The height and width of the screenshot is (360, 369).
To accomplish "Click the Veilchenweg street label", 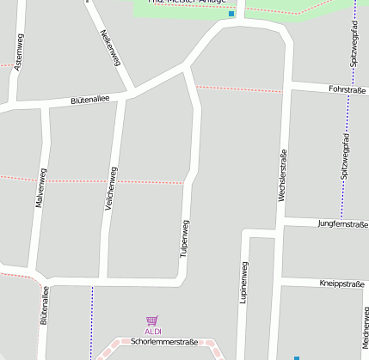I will (x=111, y=191).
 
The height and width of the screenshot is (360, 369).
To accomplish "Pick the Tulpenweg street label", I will (x=184, y=239).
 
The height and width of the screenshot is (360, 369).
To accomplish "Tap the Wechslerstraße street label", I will (x=281, y=176).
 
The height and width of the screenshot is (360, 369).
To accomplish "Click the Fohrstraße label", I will (x=347, y=89).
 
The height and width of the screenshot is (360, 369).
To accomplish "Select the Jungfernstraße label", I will (x=342, y=223).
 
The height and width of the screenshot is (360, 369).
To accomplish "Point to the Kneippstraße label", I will (x=342, y=283).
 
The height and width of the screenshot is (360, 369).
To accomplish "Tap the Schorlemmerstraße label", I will (x=164, y=341).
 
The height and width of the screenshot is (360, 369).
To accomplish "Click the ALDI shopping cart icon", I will (x=152, y=321).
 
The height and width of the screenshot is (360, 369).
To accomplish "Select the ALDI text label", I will (x=152, y=332).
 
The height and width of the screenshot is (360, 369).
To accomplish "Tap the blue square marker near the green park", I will (x=231, y=14).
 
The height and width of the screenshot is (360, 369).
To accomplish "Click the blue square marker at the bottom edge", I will (x=297, y=357).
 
